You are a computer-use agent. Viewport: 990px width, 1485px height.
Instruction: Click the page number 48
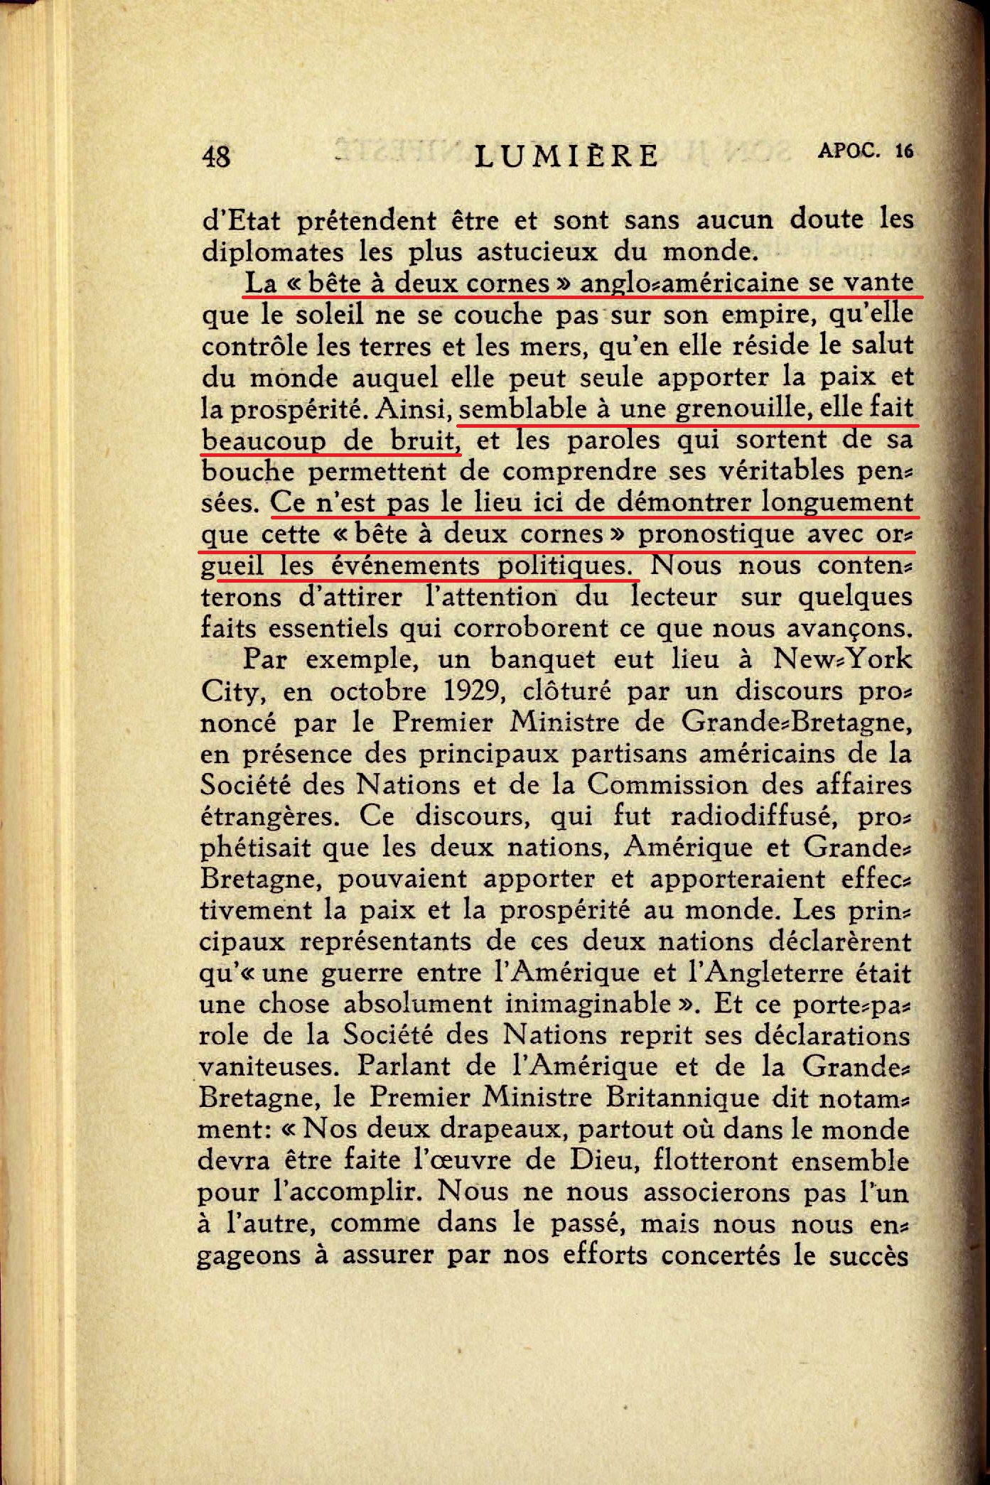coord(217,156)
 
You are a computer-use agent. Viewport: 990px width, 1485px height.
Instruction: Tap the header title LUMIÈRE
coord(566,156)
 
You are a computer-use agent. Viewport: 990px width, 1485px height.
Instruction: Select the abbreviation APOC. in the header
coord(849,151)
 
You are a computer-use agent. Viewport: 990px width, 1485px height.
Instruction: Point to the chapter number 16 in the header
coord(904,151)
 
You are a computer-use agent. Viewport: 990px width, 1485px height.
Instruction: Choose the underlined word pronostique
coord(716,534)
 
